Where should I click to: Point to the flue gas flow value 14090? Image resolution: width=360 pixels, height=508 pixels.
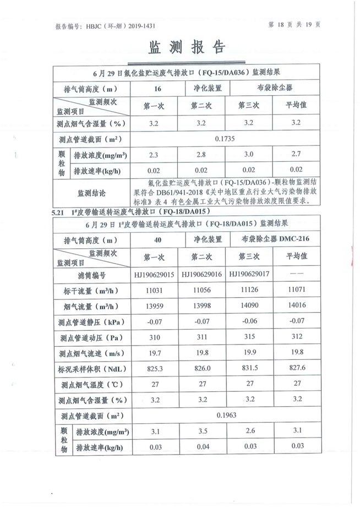pyautogui.click(x=249, y=306)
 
